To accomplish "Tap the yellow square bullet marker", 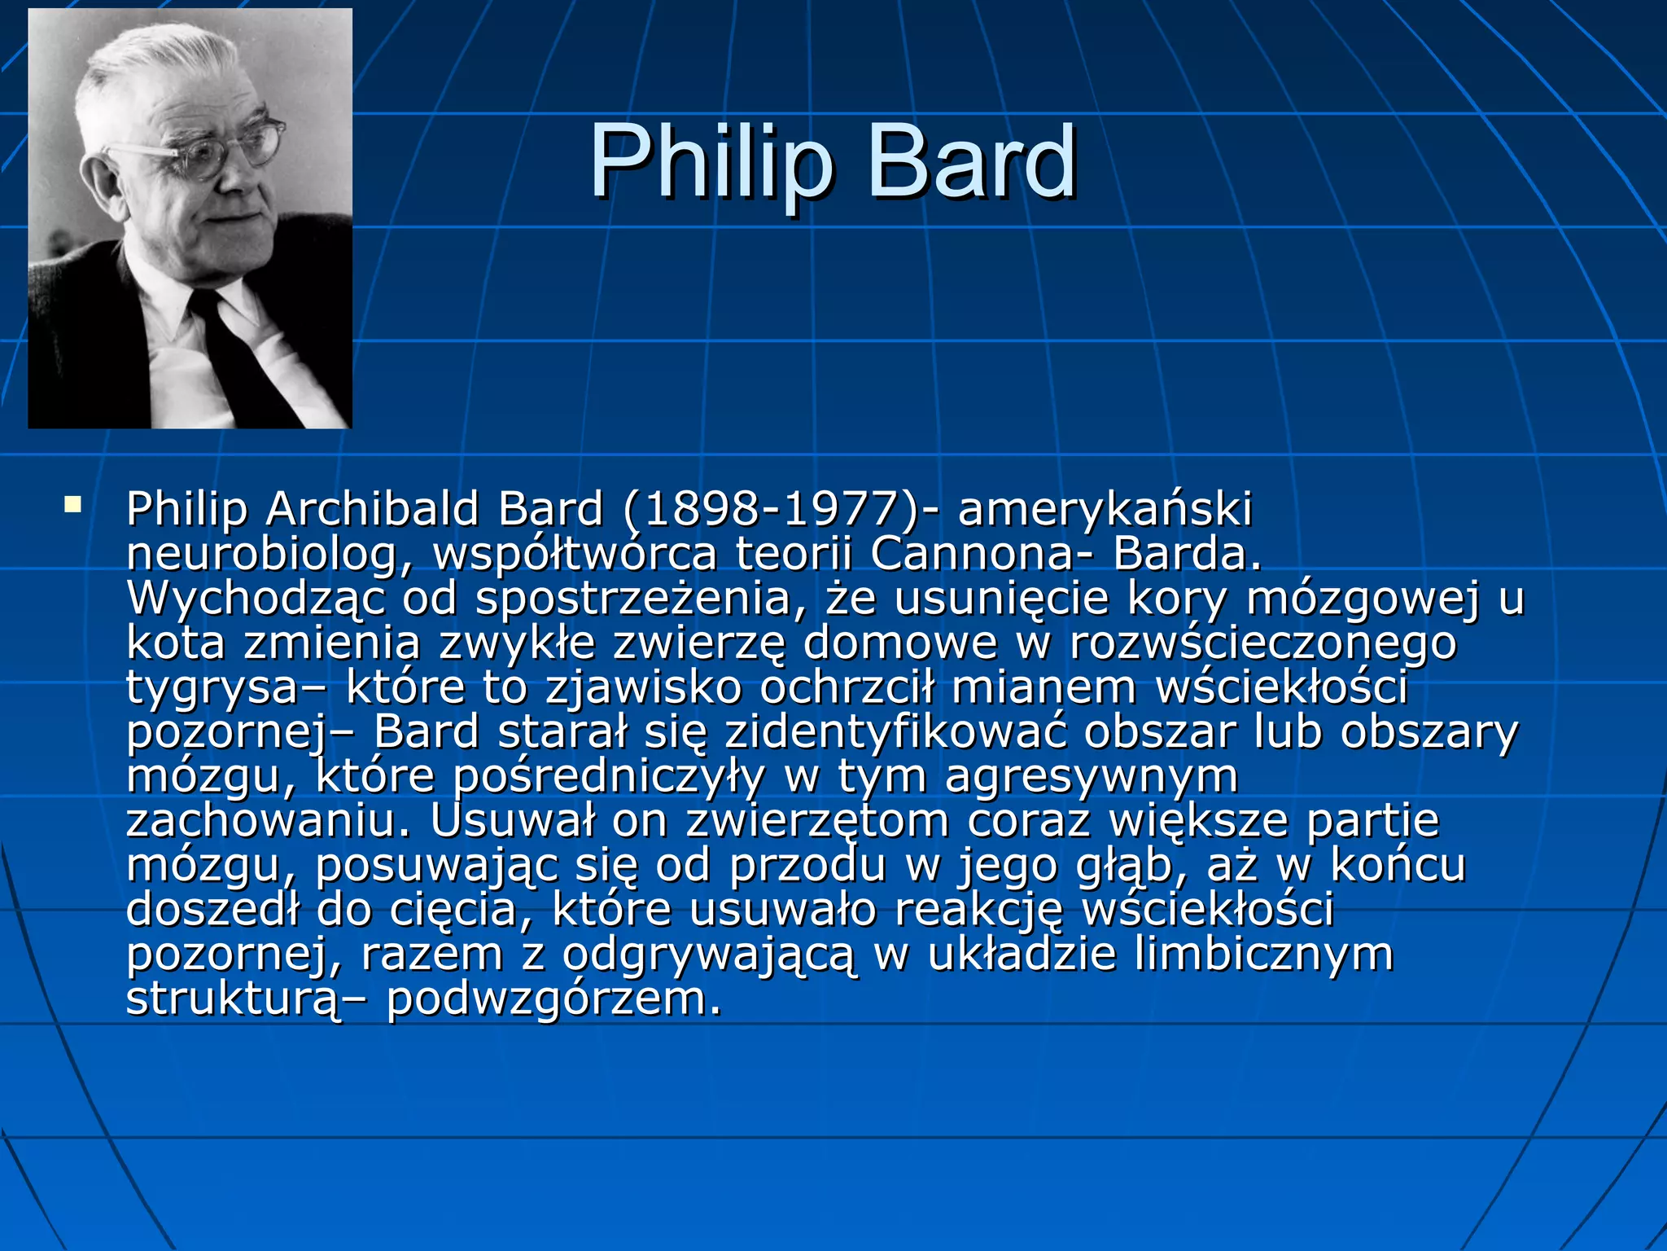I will click(73, 504).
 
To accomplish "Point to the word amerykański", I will click(1105, 510).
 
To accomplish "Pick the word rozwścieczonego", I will click(1262, 643).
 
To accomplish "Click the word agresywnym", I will click(1091, 777).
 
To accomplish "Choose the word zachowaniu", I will click(269, 821).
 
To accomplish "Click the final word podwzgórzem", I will click(553, 999).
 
